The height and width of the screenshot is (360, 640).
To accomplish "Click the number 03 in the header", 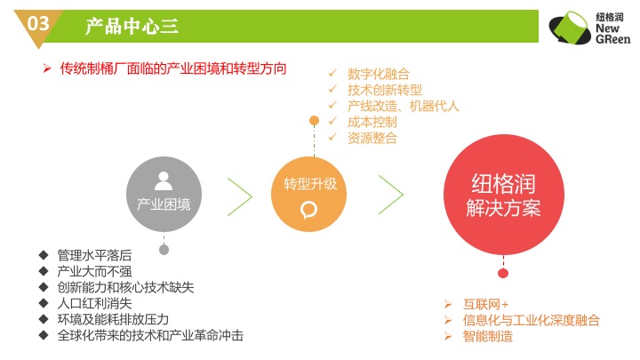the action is click(x=38, y=23).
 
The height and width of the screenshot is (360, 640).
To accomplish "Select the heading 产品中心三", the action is click(x=132, y=26).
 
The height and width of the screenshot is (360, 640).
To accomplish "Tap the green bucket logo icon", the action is click(x=570, y=28).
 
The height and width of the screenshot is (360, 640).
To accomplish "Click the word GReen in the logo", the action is click(x=612, y=39).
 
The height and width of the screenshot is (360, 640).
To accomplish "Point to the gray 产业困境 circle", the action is click(x=164, y=195).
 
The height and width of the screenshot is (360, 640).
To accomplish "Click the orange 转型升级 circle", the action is click(x=308, y=195).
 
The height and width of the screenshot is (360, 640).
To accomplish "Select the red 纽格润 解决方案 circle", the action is click(x=504, y=195).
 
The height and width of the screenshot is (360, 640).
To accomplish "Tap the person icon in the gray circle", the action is click(x=164, y=180).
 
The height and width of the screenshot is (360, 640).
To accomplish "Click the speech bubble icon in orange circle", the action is click(x=309, y=210).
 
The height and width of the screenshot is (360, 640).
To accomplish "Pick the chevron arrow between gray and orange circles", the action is click(x=240, y=196).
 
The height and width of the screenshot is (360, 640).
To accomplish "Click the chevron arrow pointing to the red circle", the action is click(x=391, y=195).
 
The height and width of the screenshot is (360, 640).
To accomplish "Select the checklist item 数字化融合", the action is click(x=379, y=75).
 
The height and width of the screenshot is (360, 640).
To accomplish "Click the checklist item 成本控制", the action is click(x=372, y=122).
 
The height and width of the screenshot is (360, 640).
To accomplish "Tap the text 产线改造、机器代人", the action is click(x=404, y=106).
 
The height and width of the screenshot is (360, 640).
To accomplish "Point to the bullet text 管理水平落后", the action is click(x=95, y=255).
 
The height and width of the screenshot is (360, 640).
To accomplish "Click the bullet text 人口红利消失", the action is click(x=95, y=303).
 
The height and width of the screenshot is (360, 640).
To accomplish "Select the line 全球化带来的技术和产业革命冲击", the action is click(x=150, y=335).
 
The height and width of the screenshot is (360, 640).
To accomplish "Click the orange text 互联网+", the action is click(x=485, y=305).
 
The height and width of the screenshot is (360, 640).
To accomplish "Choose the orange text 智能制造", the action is click(x=488, y=336).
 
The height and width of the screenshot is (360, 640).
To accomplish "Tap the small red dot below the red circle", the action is click(x=503, y=274).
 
